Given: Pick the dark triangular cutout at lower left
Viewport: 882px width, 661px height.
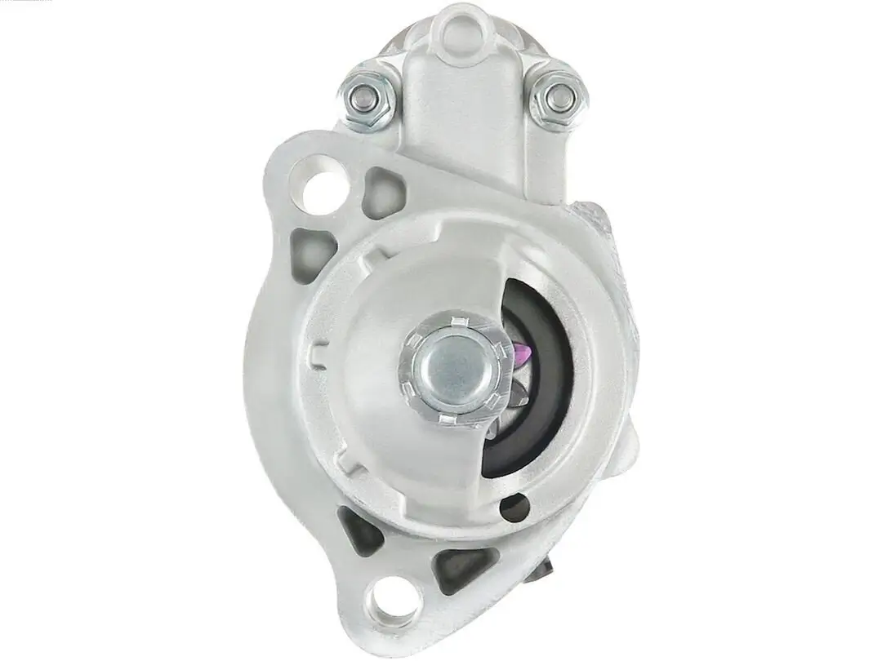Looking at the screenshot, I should (359, 529).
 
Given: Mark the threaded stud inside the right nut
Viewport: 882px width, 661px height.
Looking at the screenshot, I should (561, 97).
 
